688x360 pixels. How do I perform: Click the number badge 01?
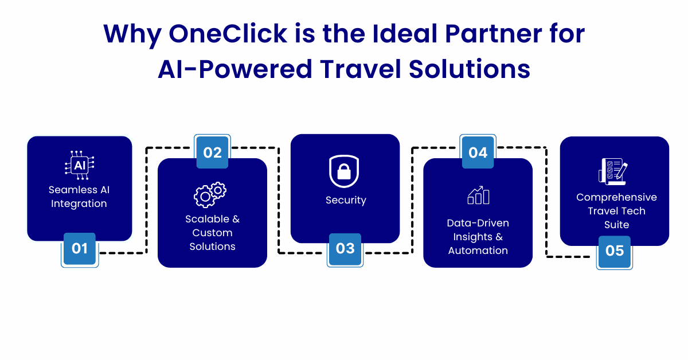80,250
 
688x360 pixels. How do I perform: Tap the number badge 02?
212,151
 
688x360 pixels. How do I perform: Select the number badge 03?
345,250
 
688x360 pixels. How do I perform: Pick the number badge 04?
478,151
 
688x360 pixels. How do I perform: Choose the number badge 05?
614,252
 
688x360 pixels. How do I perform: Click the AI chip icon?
80,165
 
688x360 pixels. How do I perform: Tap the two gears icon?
210,194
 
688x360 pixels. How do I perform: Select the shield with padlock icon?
344,171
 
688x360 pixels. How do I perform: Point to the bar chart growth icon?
478,195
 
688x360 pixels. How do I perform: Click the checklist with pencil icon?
613,171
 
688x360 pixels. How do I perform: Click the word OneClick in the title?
228,33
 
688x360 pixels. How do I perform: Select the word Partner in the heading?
494,33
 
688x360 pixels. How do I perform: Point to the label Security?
346,200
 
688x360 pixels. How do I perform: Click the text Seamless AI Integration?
79,197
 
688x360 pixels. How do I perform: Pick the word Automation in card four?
478,251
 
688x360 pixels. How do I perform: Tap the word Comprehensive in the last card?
616,198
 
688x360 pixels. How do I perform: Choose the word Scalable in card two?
208,219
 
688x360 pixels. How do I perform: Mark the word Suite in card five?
617,225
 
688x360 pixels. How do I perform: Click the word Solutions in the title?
470,69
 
